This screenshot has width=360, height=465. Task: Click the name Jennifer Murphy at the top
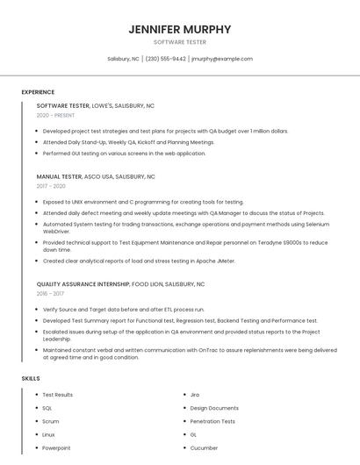[180, 29]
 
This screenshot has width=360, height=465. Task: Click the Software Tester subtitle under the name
[180, 42]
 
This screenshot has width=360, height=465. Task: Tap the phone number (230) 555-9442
[165, 59]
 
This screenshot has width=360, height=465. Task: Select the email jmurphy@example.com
[222, 59]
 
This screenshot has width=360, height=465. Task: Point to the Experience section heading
[38, 92]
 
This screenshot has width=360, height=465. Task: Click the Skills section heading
[31, 378]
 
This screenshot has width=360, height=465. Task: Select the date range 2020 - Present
[55, 115]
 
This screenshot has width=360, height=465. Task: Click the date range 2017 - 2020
[51, 186]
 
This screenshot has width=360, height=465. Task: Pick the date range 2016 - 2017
[51, 294]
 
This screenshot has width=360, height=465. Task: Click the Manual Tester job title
[59, 176]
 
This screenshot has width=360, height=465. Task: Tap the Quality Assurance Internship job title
[83, 284]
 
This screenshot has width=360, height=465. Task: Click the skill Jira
[195, 395]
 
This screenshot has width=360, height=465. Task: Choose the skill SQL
[47, 408]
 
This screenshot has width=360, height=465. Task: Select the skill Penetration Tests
[212, 421]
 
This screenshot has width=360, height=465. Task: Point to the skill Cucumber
[204, 447]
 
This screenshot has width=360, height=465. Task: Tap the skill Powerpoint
[56, 447]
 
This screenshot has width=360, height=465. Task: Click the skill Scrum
[50, 421]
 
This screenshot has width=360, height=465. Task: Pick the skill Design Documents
[214, 408]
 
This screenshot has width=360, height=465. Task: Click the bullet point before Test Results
[35, 395]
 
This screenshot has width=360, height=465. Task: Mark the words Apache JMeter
[215, 261]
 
